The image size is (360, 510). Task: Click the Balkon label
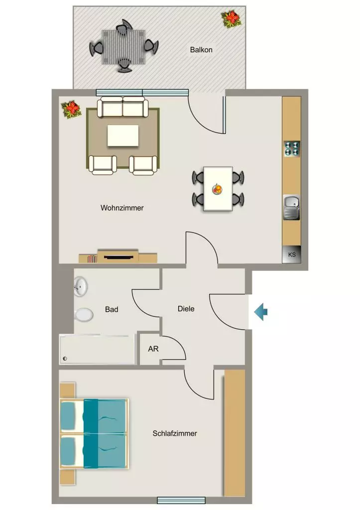(x=201, y=50)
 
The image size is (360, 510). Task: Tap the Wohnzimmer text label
(x=122, y=208)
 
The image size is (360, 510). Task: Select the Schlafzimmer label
(x=175, y=433)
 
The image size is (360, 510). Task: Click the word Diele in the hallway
(x=186, y=309)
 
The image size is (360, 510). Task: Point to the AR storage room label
(x=153, y=349)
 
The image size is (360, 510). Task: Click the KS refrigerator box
(x=292, y=254)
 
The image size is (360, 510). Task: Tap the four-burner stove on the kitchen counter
(x=292, y=148)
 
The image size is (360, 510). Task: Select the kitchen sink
(x=292, y=208)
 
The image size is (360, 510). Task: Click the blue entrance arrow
(x=260, y=312)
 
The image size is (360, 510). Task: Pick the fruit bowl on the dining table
(x=217, y=189)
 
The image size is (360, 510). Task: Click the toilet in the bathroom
(x=84, y=315)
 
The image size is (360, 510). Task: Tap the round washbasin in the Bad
(x=80, y=286)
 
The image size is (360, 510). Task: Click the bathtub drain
(x=65, y=359)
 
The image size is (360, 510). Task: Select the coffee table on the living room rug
(x=123, y=135)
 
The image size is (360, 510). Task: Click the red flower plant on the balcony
(x=231, y=19)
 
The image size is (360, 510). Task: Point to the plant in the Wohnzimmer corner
(x=72, y=109)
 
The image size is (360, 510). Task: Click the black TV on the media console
(x=119, y=257)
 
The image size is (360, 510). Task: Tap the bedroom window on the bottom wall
(x=181, y=500)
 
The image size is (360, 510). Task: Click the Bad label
(x=112, y=309)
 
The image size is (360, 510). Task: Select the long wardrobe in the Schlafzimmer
(x=235, y=433)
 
